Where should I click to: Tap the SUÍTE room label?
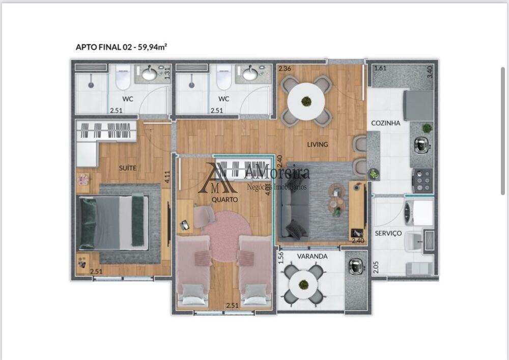tap(127, 168)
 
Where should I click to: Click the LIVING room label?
tap(317, 144)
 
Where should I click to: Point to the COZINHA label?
tap(385, 123)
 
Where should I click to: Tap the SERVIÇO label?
tap(388, 233)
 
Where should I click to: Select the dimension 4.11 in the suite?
tap(166, 177)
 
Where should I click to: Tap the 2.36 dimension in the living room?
tap(284, 69)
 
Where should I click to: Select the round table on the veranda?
tap(304, 281)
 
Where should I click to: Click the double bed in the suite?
tap(113, 223)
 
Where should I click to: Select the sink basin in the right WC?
tap(249, 74)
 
